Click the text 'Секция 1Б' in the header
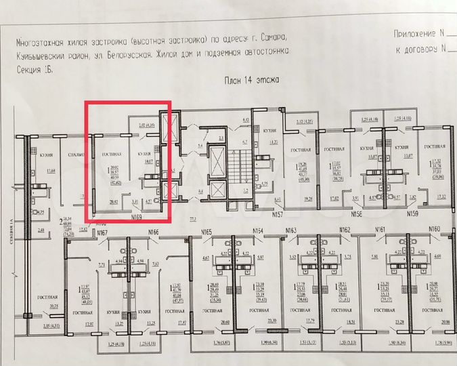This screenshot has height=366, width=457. (34, 69)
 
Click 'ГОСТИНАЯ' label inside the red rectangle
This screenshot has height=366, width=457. (112, 155)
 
